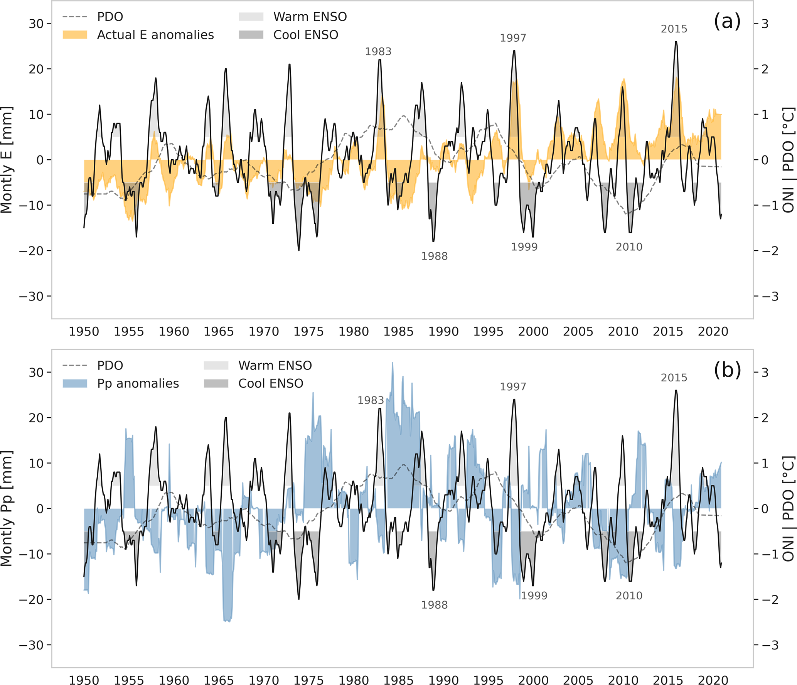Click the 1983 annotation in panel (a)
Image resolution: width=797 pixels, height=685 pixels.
point(378,51)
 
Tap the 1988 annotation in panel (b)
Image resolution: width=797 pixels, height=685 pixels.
point(434,604)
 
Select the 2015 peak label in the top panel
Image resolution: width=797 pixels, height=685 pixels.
point(674,29)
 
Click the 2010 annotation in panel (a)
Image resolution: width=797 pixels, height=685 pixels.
point(629,247)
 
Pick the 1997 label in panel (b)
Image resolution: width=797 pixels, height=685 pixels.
point(513,386)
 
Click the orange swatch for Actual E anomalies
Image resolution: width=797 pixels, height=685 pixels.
point(75,35)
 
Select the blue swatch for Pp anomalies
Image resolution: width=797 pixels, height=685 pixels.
point(75,383)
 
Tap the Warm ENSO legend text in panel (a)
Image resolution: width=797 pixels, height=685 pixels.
point(310,17)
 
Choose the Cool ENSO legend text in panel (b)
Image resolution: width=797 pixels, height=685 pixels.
point(271,383)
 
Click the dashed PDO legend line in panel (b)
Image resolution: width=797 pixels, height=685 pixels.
point(75,365)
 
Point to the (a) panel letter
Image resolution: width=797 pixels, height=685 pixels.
point(727,21)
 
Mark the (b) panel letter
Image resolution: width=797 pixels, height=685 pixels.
point(727,370)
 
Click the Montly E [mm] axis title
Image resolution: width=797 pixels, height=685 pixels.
point(7,160)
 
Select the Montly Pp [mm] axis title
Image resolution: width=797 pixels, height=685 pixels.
point(7,508)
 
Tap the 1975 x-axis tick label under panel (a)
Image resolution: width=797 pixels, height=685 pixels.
point(308,331)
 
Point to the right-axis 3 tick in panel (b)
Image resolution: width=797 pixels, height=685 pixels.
point(765,372)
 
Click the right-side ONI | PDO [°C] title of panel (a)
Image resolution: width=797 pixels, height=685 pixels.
point(789,160)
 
